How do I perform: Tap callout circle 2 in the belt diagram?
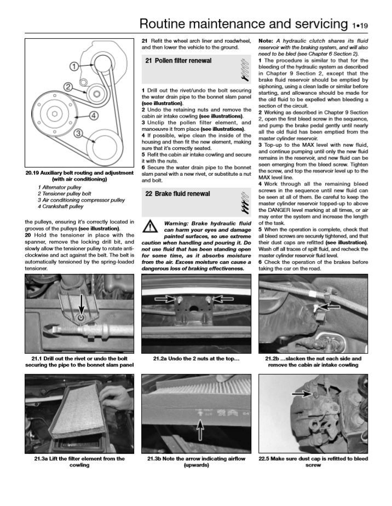[67, 87]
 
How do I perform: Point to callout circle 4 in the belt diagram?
[94, 116]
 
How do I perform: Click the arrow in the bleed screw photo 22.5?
[301, 393]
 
